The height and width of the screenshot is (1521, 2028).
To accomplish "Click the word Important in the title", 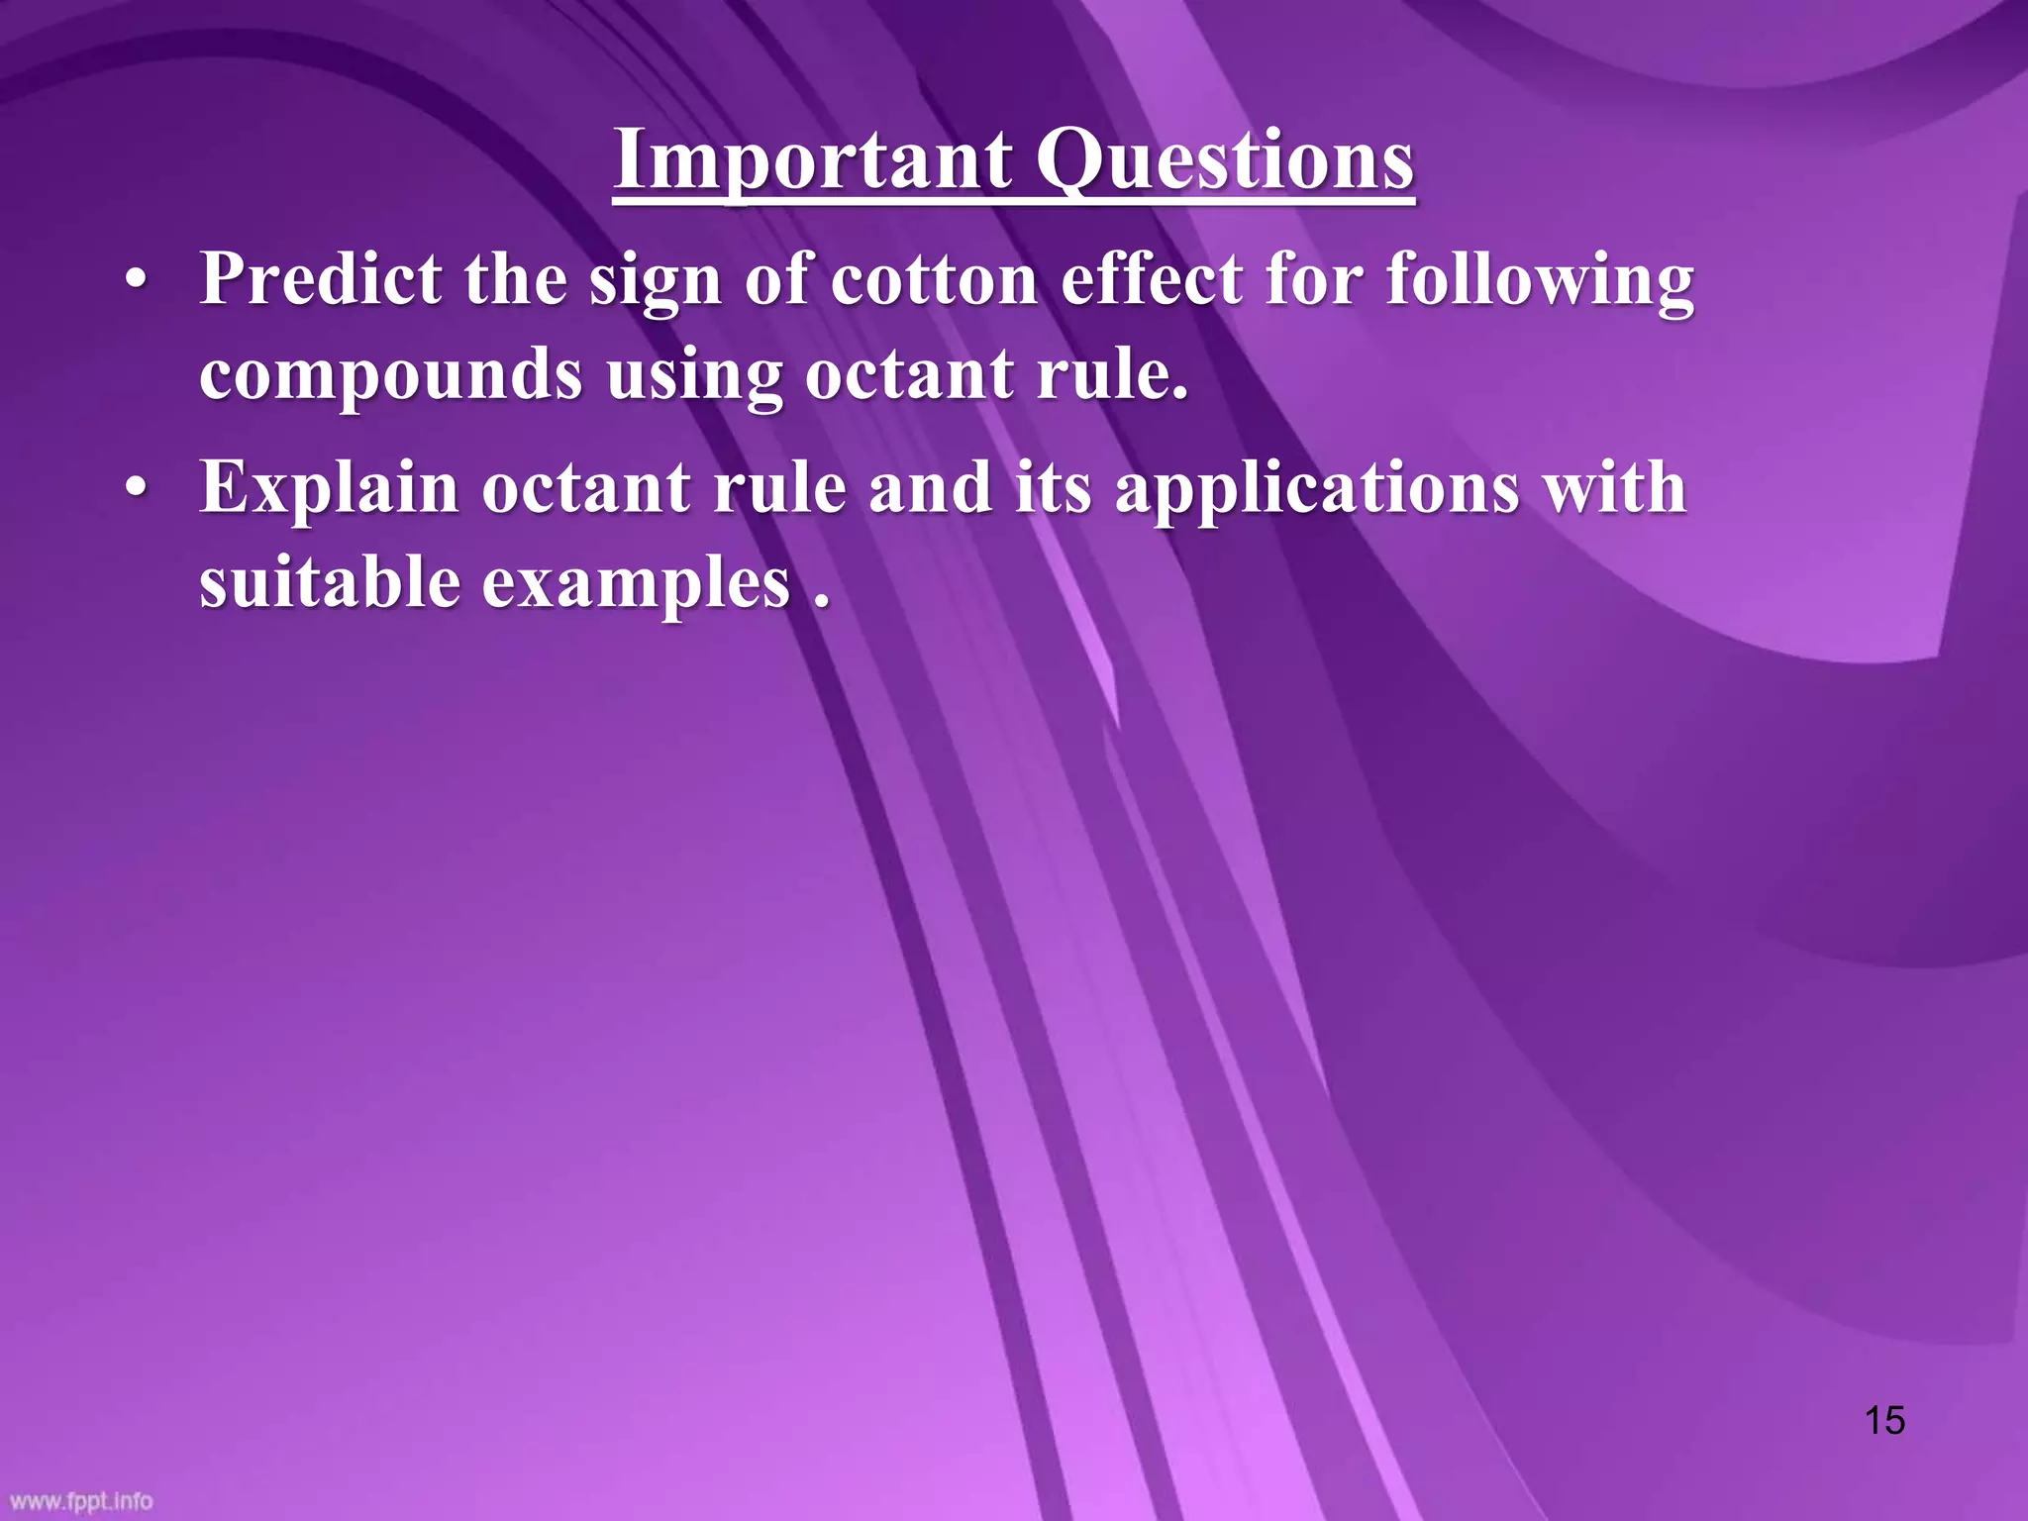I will (x=812, y=160).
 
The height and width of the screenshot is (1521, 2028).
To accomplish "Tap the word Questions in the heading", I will (x=1226, y=160).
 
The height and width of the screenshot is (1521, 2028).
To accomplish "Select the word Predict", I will (x=321, y=279).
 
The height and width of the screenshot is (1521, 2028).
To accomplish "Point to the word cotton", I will (x=933, y=279).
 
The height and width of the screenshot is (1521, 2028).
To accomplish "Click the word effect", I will (x=1151, y=279).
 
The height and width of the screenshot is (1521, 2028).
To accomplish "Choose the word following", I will (x=1540, y=281).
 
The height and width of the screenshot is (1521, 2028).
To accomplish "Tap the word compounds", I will (x=391, y=376).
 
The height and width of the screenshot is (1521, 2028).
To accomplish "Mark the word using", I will (x=693, y=376).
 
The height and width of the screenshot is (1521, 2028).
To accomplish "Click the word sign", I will (x=655, y=281).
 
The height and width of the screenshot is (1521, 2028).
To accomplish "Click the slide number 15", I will (x=1884, y=1420).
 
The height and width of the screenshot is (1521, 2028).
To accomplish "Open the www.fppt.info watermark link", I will (x=81, y=1501).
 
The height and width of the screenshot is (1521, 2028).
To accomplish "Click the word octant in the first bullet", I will (x=909, y=376).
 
